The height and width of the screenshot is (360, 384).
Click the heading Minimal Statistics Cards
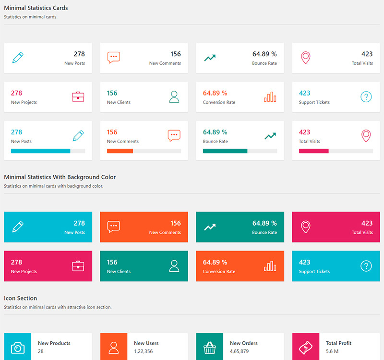tap(36, 8)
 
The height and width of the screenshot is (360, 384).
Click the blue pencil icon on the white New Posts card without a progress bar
tap(18, 58)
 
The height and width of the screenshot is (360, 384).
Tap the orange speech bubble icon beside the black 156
tap(114, 58)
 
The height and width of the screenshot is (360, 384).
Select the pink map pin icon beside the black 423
tap(306, 58)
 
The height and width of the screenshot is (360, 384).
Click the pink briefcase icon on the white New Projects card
tap(78, 97)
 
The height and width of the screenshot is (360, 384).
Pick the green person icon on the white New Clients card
tap(174, 97)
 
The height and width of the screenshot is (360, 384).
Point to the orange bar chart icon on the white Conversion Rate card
tap(270, 97)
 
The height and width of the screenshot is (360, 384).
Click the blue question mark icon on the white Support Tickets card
tap(366, 97)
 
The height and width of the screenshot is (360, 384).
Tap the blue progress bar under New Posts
tap(41, 151)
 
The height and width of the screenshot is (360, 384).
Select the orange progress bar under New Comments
tap(120, 151)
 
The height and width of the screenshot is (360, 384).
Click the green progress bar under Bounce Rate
tap(225, 151)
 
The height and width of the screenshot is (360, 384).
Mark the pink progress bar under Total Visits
tap(313, 151)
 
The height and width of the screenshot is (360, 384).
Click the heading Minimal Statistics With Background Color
tap(60, 177)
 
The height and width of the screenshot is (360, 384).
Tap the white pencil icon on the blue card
tap(18, 227)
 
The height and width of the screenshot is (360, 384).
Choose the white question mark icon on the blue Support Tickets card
tap(366, 266)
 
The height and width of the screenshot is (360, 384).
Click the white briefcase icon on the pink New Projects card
tap(78, 266)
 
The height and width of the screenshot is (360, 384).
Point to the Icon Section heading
tap(21, 299)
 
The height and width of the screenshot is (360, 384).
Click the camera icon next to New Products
tap(18, 347)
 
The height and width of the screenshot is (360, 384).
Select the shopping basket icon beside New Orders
tap(210, 347)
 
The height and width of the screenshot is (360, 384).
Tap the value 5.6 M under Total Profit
tap(332, 351)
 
